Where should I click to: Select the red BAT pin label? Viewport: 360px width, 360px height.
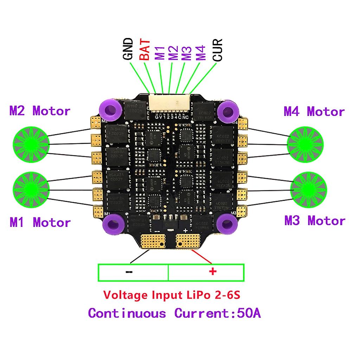pyautogui.click(x=144, y=50)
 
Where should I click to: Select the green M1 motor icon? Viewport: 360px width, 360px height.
pyautogui.click(x=31, y=190)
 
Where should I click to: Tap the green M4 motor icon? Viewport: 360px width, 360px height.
pyautogui.click(x=305, y=144)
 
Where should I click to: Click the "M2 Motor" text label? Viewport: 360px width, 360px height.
pyautogui.click(x=40, y=111)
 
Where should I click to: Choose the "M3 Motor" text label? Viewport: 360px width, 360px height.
pyautogui.click(x=315, y=221)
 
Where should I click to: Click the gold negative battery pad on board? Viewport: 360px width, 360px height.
pyautogui.click(x=152, y=241)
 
